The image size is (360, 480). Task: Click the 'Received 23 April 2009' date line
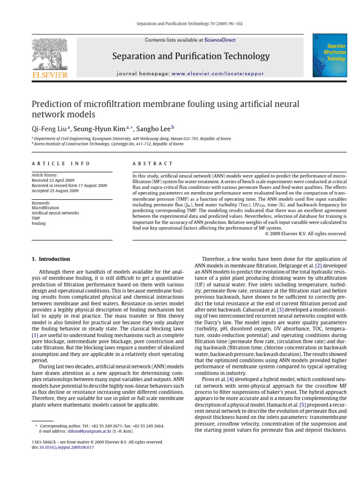53,180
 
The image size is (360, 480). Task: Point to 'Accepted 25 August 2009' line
55,191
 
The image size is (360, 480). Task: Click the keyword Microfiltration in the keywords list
45,207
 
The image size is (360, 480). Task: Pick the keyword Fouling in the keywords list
38,224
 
